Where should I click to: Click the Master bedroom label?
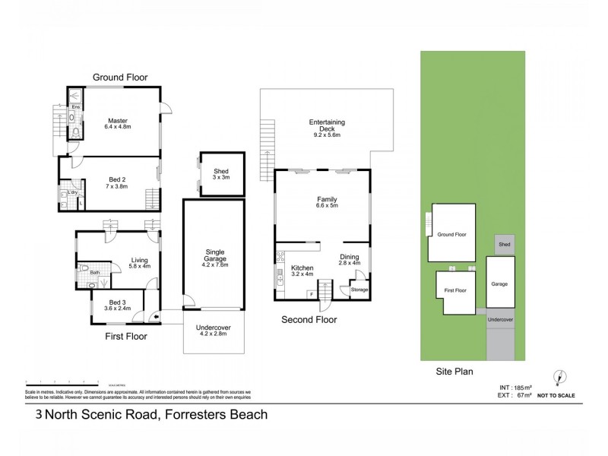[x=117, y=123]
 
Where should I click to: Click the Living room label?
[x=140, y=262]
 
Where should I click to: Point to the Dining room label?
[x=349, y=260]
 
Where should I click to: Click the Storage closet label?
[x=359, y=290]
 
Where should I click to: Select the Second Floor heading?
[x=309, y=320]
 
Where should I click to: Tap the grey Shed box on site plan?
[x=503, y=245]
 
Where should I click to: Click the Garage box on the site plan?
[x=499, y=283]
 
